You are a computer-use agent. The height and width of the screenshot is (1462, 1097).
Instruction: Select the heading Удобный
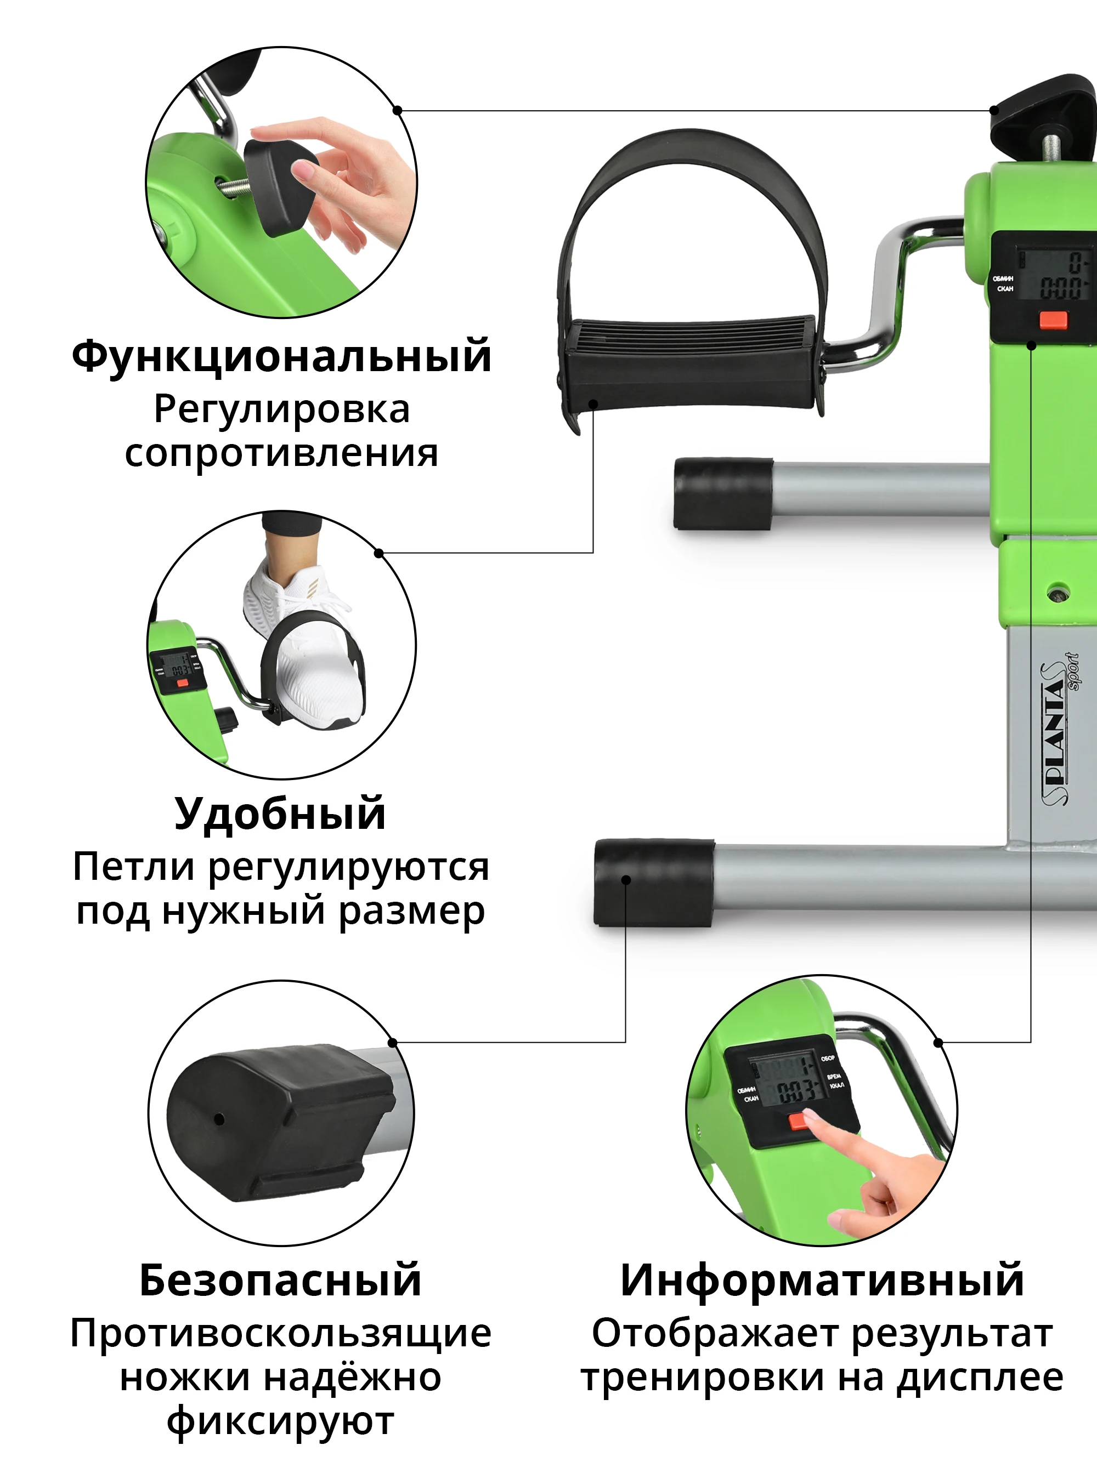(x=280, y=814)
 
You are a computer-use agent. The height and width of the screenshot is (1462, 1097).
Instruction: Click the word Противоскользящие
(x=280, y=1333)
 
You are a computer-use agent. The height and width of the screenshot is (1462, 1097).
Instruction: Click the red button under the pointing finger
(x=798, y=1122)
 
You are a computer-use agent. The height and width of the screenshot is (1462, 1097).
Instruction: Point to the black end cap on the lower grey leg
(x=653, y=883)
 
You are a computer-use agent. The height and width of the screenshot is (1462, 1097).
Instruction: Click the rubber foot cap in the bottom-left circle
(x=264, y=1120)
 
